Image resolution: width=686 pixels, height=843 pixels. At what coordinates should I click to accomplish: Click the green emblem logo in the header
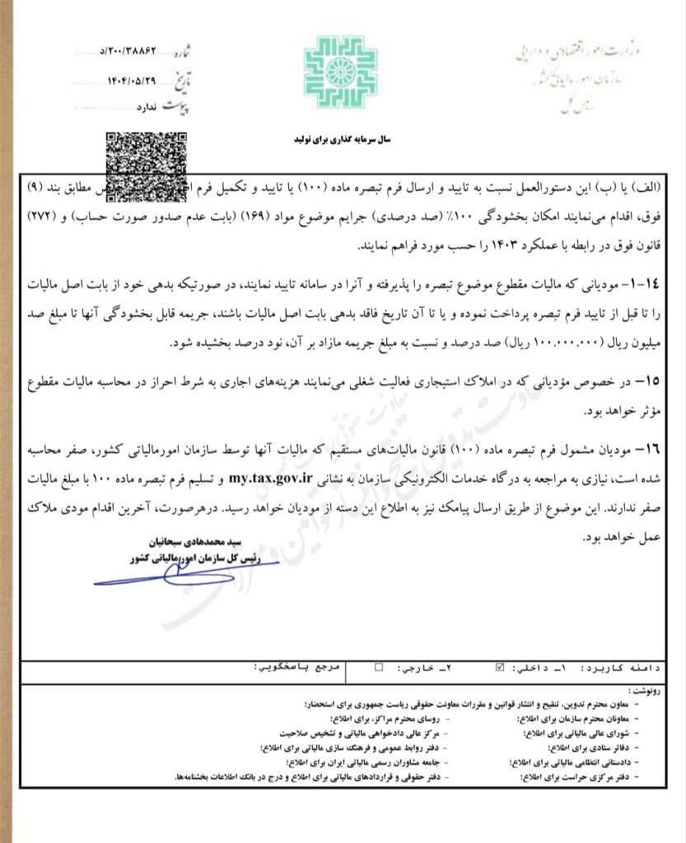(x=342, y=72)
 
